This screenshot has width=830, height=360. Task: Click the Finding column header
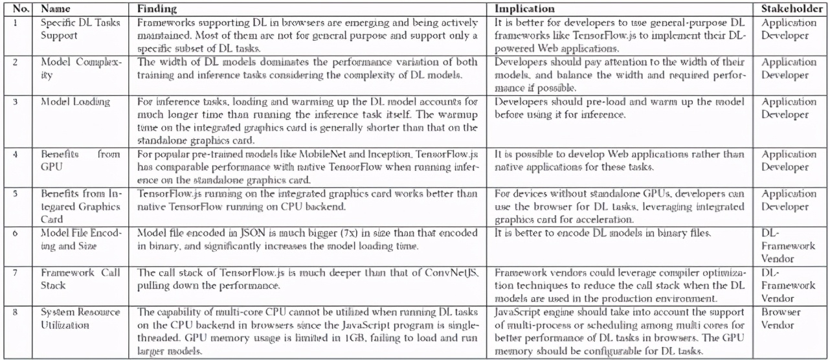pyautogui.click(x=156, y=10)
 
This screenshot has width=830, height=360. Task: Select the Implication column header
pyautogui.click(x=524, y=10)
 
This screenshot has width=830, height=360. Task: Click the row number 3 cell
pyautogui.click(x=16, y=102)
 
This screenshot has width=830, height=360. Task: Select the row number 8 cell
pyautogui.click(x=16, y=312)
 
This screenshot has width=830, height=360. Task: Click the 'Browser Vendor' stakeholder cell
pyautogui.click(x=784, y=319)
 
